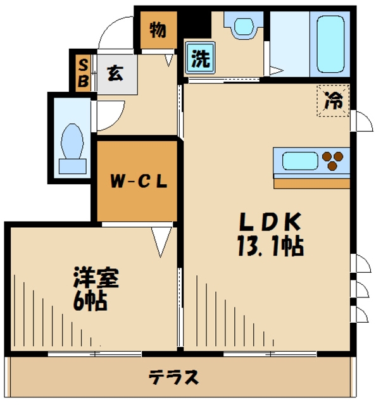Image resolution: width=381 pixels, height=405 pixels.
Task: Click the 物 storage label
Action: click(x=158, y=30)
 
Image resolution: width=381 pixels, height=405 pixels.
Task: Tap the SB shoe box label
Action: click(x=83, y=72)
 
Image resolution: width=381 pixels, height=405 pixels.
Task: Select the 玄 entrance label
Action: click(x=115, y=73)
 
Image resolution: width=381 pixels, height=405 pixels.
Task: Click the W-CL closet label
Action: click(x=139, y=182)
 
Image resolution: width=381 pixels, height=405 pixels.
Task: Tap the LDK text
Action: click(x=269, y=223)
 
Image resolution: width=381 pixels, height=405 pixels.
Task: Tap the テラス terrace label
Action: click(x=174, y=378)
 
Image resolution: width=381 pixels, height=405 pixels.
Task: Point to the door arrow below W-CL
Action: click(x=161, y=240)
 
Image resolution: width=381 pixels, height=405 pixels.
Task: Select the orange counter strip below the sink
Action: click(x=311, y=183)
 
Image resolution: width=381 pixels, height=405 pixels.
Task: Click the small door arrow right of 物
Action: click(x=169, y=61)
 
